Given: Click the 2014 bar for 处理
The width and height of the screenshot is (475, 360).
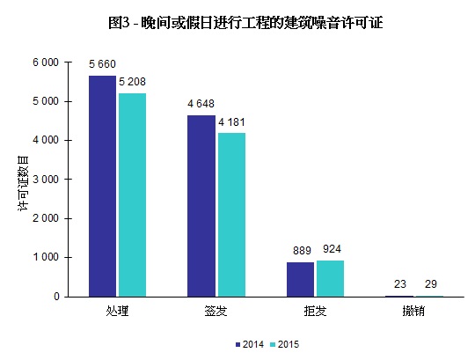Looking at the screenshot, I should [102, 186].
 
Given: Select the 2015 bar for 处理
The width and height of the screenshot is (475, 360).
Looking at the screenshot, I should [132, 195].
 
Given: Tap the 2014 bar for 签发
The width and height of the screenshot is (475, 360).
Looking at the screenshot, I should [201, 206].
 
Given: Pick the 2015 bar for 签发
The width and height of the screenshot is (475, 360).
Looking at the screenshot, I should [230, 215].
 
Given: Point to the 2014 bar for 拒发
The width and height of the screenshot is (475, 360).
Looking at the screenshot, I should [300, 279].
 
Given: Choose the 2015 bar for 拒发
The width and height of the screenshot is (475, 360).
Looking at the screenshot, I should [330, 278].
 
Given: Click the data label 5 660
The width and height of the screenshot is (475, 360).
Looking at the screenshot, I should [102, 64].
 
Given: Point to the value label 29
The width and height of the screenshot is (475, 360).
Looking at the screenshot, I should [429, 283].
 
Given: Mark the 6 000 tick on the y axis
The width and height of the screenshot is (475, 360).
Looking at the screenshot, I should [46, 62].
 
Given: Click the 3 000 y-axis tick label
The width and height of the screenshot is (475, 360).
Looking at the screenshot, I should [46, 180].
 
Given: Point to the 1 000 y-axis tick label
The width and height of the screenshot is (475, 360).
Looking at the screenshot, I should [46, 257].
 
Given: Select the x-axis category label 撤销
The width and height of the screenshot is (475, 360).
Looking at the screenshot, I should [413, 311].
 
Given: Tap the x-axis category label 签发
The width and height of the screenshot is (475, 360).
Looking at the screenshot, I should [216, 311].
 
